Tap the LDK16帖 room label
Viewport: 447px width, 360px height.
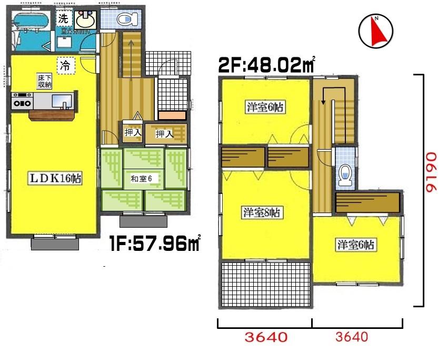pos(55,179)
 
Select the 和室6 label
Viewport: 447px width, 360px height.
pos(141,179)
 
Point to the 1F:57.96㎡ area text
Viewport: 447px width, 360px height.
pos(155,244)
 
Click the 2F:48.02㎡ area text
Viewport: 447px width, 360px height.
pos(266,66)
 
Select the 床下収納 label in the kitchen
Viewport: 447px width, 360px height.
pos(44,81)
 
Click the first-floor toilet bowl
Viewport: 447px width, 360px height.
pos(125,20)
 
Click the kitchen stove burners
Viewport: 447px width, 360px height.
pos(23,101)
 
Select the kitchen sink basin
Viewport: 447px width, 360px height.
pos(59,100)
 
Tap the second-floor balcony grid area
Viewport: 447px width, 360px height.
pos(266,285)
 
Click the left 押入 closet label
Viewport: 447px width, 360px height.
pos(132,133)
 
